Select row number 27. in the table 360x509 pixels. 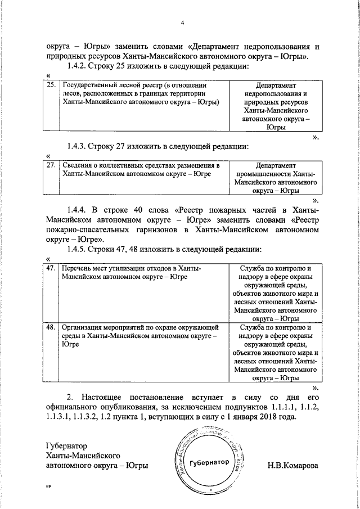click(x=50, y=166)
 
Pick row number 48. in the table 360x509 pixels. click(x=50, y=326)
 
